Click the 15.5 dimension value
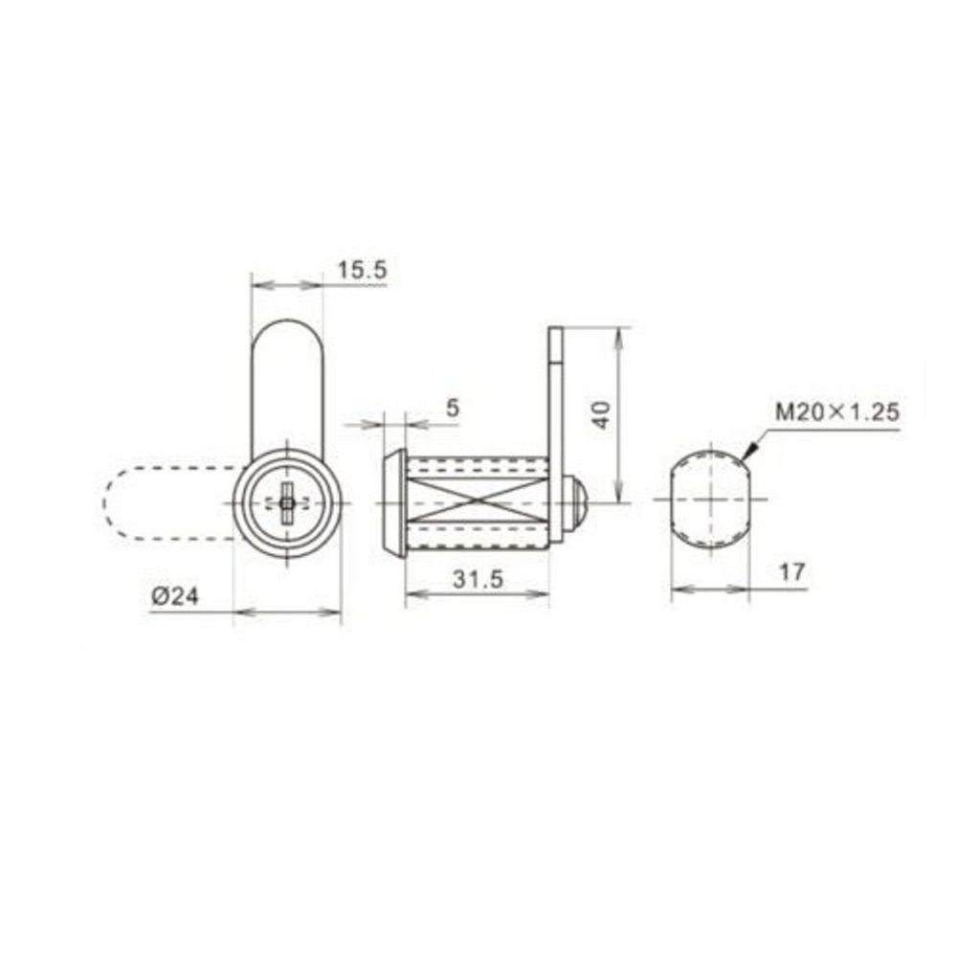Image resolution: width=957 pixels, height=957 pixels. click(362, 271)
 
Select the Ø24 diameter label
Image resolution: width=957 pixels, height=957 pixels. click(174, 596)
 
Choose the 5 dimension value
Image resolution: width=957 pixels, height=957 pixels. click(453, 407)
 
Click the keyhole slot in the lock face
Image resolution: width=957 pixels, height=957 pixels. click(287, 501)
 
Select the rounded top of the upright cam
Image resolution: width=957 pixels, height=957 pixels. click(287, 330)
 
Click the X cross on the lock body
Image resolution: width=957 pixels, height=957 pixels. click(478, 501)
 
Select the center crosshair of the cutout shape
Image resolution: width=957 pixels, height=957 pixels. click(709, 500)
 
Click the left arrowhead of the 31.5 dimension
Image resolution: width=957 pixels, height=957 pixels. click(412, 595)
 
